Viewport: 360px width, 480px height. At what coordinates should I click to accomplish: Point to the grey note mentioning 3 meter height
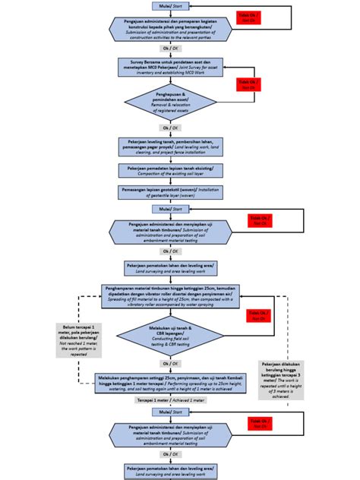282,377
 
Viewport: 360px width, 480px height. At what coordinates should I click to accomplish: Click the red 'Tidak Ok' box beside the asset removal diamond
248,84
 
